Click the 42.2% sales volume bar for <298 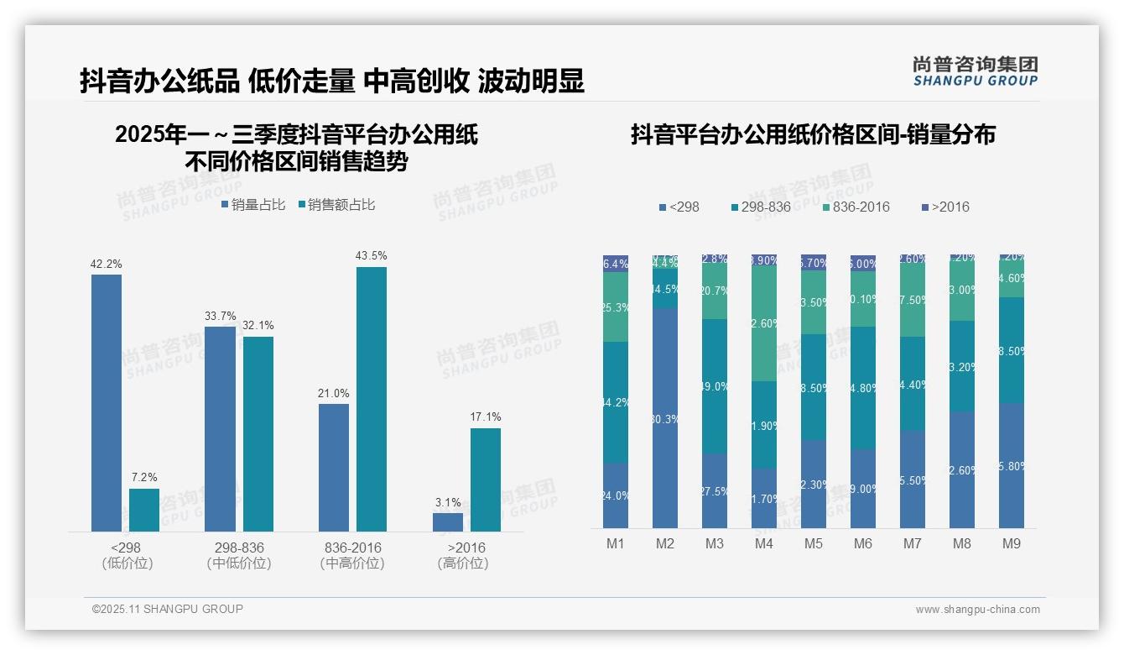point(107,403)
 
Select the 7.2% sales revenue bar point(144,510)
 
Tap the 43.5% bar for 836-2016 point(372,399)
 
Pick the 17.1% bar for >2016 point(486,479)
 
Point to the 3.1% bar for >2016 point(448,522)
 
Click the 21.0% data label point(334,394)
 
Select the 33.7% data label point(221,317)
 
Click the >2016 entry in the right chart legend point(945,207)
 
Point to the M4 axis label point(764,544)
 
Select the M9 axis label point(1012,544)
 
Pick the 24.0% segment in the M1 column point(616,495)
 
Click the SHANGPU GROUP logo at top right point(975,71)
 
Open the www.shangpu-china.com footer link point(977,610)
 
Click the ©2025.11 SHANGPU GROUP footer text point(168,610)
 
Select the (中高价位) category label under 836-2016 point(352,563)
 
